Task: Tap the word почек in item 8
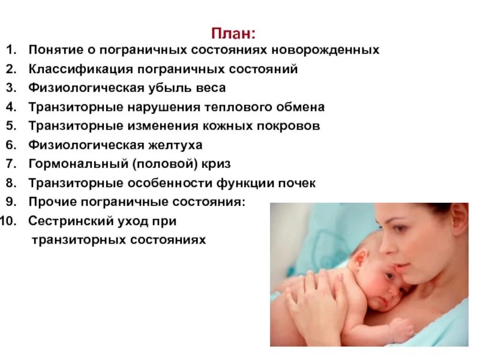click(294, 183)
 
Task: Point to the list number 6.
click(13, 145)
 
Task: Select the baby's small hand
click(401, 331)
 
